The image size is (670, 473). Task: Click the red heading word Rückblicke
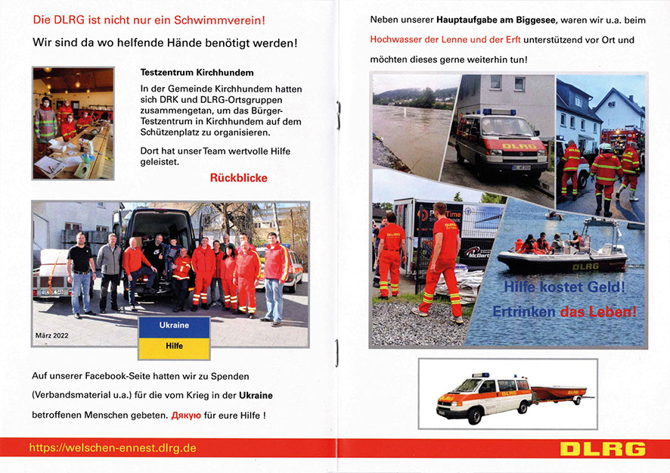coord(238,179)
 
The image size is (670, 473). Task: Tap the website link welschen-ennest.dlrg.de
coord(113,448)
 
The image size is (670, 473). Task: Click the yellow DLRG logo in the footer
coord(603,449)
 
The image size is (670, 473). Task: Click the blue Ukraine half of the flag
coord(174,325)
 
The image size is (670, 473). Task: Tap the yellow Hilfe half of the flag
coord(174,346)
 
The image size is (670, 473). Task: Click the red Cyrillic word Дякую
coord(186,415)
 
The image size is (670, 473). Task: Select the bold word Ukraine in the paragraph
coord(256,396)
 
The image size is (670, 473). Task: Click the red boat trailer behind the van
coord(560,394)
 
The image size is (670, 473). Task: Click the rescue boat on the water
coord(561,256)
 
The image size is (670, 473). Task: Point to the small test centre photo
coord(73,123)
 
